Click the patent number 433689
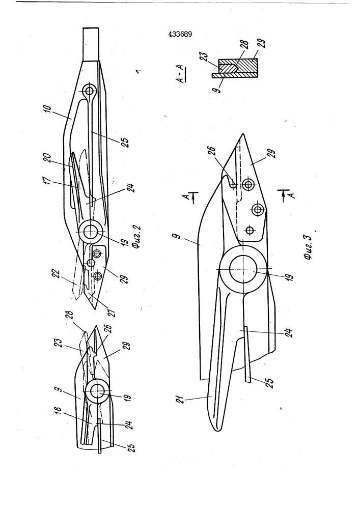click(x=180, y=34)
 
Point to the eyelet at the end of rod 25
click(x=89, y=91)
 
